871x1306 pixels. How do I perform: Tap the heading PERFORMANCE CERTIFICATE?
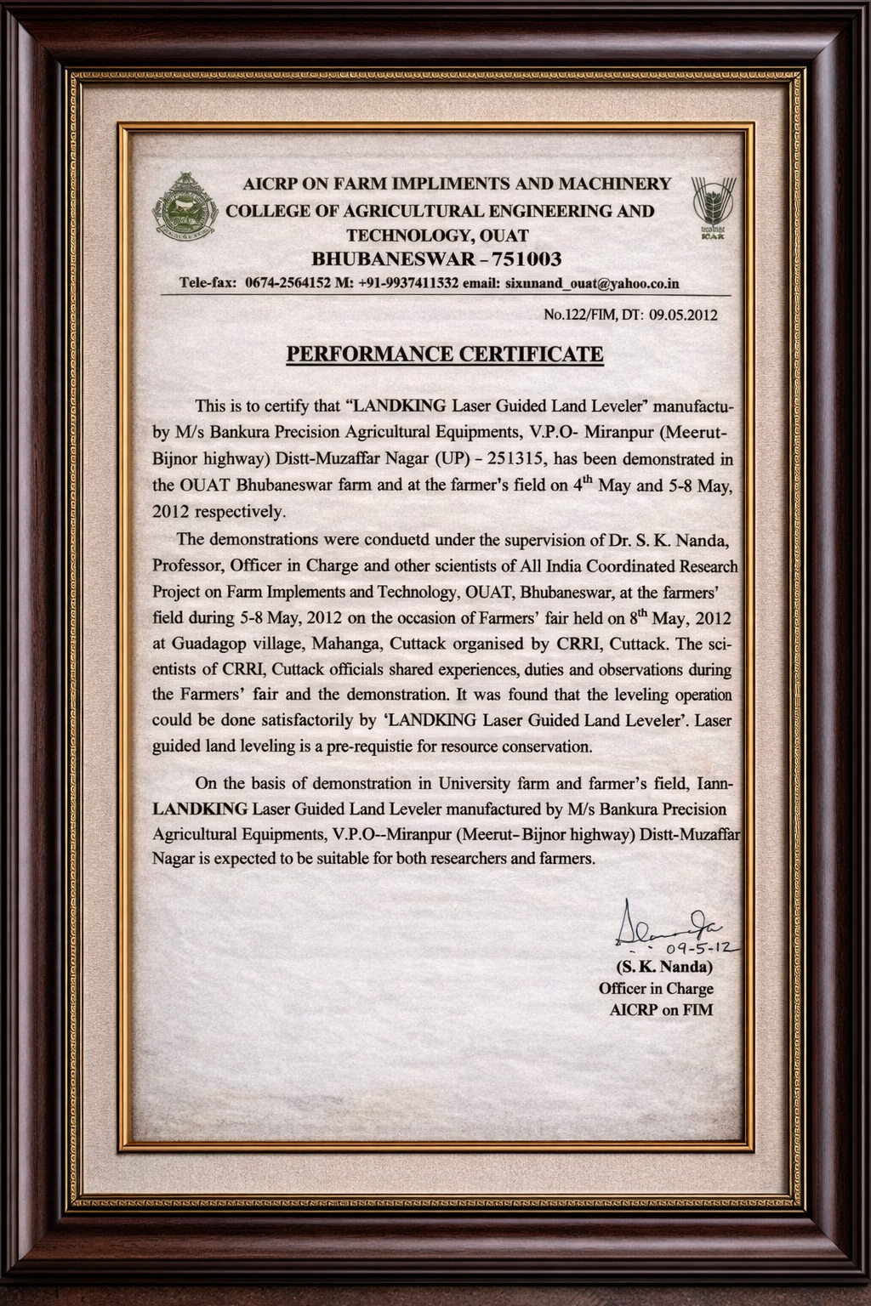point(444,354)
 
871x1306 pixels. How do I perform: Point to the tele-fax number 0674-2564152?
point(287,283)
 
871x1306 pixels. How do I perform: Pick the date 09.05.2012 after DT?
point(683,315)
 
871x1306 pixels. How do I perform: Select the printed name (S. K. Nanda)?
point(663,968)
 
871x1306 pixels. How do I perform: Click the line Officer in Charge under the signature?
point(656,989)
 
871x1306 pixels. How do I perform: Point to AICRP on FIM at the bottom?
point(661,1010)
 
